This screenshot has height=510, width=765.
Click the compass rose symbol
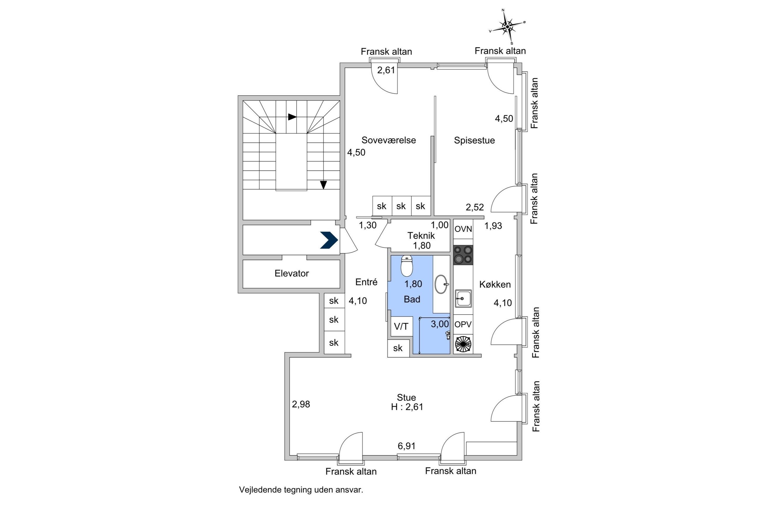tap(507, 27)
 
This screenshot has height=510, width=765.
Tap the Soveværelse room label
tap(388, 140)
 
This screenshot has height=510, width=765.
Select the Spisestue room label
tap(474, 140)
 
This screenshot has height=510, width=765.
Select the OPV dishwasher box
tap(463, 324)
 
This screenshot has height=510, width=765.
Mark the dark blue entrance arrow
tap(329, 240)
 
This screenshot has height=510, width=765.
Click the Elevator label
tap(292, 273)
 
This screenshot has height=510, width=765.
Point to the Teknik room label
tap(421, 235)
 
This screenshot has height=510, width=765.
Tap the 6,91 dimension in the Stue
tap(406, 446)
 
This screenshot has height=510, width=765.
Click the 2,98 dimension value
tap(301, 404)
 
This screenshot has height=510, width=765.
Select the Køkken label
tap(495, 285)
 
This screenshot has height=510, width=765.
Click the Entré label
tap(366, 282)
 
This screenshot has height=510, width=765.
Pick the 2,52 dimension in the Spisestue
tap(475, 207)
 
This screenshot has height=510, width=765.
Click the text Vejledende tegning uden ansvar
tap(301, 490)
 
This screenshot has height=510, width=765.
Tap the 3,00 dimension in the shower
tap(440, 324)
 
